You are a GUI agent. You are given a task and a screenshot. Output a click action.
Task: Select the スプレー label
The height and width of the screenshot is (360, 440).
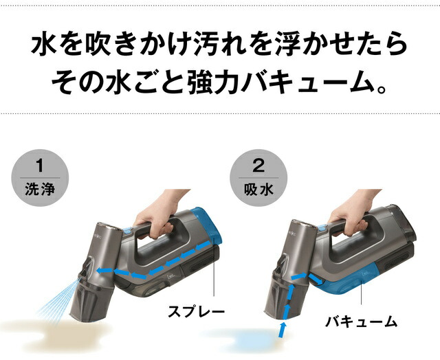tap(197, 311)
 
